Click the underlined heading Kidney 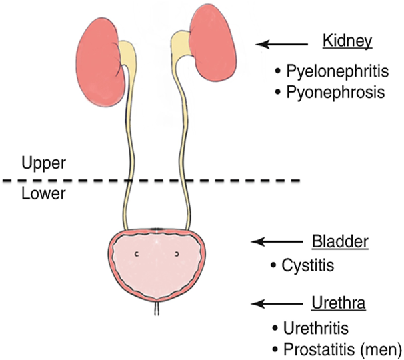347,42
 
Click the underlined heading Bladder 340,241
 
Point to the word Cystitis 307,265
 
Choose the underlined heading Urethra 338,304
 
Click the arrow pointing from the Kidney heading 283,44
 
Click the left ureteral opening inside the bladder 136,254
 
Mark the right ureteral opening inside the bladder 178,254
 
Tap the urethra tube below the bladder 157,309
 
